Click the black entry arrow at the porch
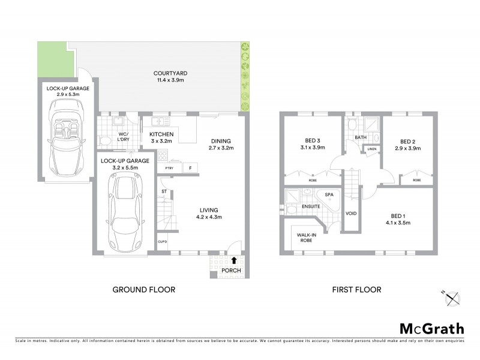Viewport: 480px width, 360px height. pos(233,260)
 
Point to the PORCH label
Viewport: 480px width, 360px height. pos(231,271)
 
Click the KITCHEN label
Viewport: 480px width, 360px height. pos(161,134)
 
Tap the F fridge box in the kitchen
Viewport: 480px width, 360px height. pos(191,169)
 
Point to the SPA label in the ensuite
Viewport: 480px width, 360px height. pos(329,195)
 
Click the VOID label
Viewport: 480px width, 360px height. pos(352,213)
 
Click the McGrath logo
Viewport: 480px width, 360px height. pos(431,328)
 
